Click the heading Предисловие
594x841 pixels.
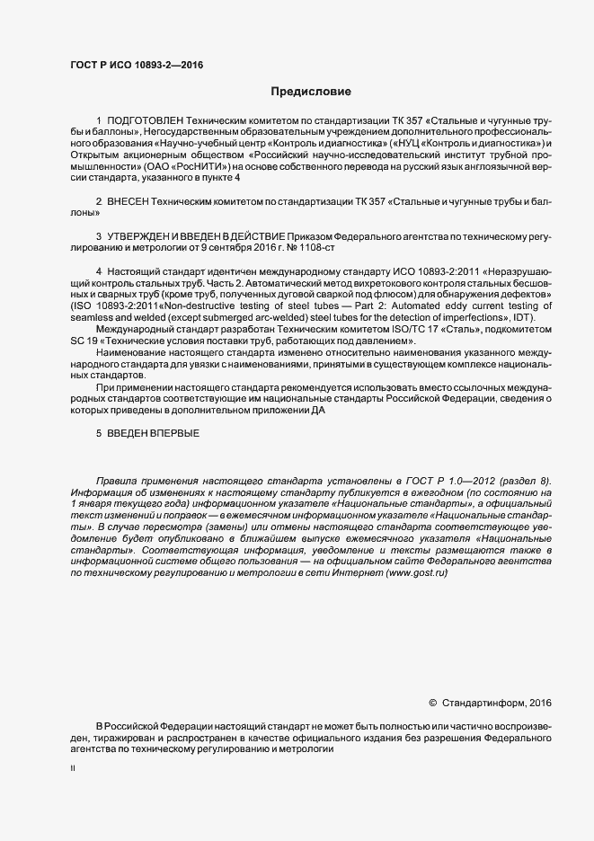click(x=311, y=92)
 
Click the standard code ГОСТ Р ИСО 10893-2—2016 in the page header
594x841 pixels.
click(x=137, y=65)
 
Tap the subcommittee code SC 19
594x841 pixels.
click(x=86, y=341)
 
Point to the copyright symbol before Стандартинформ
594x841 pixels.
click(x=432, y=704)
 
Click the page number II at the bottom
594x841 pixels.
click(x=73, y=769)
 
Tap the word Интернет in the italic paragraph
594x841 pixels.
click(x=337, y=574)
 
